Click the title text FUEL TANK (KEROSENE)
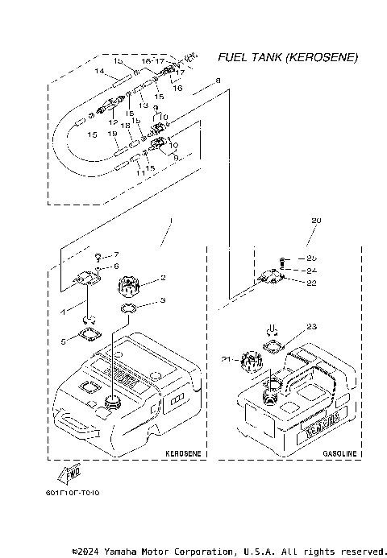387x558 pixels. click(x=288, y=58)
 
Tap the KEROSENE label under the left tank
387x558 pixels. click(x=181, y=454)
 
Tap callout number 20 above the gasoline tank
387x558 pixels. click(x=315, y=220)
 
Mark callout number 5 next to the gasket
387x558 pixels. click(x=64, y=341)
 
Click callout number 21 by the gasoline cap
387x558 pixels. click(x=227, y=358)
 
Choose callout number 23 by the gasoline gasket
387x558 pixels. click(x=312, y=327)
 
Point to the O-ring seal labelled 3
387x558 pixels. click(x=132, y=308)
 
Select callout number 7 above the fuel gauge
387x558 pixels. click(x=115, y=254)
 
